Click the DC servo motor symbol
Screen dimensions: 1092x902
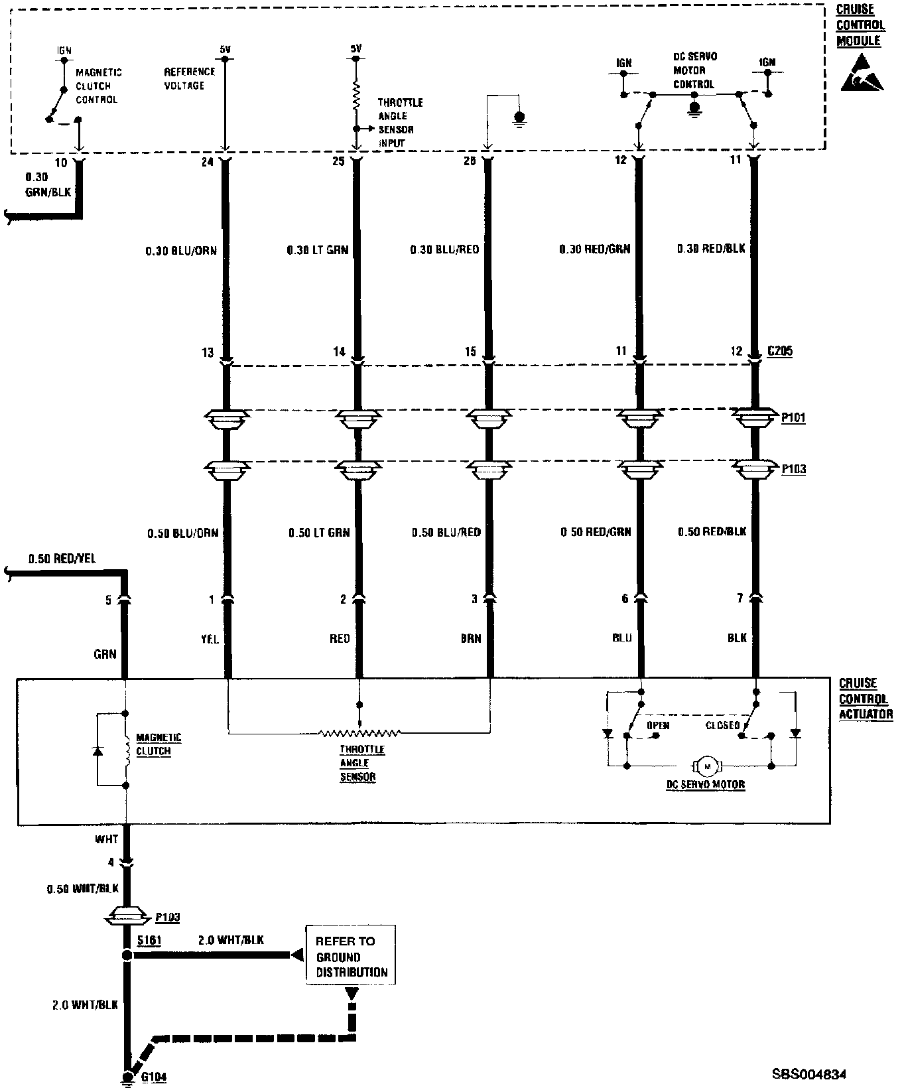(x=707, y=766)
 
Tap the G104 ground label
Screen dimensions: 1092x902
(x=153, y=1077)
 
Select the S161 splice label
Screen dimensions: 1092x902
(x=149, y=941)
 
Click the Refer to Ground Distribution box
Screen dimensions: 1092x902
(x=351, y=957)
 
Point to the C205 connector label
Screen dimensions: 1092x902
(x=779, y=351)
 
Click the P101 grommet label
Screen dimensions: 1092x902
(x=793, y=417)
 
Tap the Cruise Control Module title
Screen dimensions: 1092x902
(x=860, y=25)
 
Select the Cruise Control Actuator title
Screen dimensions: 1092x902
(x=866, y=698)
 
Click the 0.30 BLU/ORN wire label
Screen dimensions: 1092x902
(x=181, y=251)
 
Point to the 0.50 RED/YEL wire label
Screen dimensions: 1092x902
(x=62, y=559)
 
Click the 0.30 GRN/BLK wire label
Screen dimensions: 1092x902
(x=47, y=184)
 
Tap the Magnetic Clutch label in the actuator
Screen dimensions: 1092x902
(x=159, y=744)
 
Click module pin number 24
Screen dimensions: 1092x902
(x=207, y=161)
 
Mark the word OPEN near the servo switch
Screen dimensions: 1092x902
(x=658, y=725)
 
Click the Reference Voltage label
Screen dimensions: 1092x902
(x=190, y=78)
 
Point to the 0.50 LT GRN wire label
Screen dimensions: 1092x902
(x=318, y=532)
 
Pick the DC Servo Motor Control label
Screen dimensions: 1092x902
(x=694, y=70)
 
